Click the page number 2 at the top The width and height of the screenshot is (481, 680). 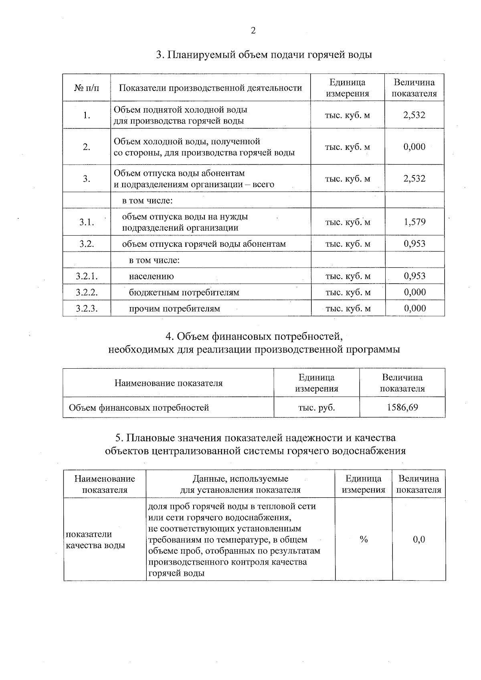(x=253, y=31)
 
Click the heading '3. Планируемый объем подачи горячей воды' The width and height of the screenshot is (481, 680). (x=264, y=54)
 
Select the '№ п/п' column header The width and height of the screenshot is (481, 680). (x=87, y=88)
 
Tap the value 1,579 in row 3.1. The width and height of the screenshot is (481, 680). (x=414, y=222)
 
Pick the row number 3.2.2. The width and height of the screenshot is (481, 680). (x=87, y=292)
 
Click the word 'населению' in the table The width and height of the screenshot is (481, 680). (x=151, y=276)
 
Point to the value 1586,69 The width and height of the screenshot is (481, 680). (x=402, y=408)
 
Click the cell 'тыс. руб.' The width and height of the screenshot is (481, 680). (x=317, y=408)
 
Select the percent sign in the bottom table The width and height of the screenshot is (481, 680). (x=364, y=539)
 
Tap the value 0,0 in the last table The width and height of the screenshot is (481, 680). (x=419, y=539)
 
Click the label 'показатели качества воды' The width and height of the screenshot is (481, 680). (x=95, y=540)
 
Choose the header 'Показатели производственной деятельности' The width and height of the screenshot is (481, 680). (x=210, y=88)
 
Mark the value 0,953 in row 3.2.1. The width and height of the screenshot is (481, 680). (x=414, y=276)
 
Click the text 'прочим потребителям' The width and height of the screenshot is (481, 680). (x=174, y=309)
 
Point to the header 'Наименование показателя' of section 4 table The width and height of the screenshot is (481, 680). (x=168, y=383)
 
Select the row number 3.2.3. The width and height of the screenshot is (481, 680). (x=87, y=309)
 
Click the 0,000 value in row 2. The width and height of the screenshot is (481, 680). (x=414, y=147)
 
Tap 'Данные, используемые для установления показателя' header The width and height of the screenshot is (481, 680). (x=240, y=484)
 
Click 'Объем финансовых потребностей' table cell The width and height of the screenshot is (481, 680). (x=139, y=408)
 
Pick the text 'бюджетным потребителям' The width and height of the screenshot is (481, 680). (x=184, y=292)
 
